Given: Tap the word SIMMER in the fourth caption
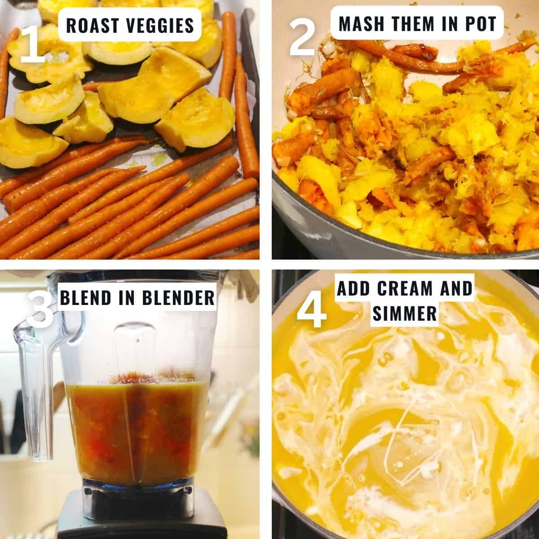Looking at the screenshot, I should (404, 314).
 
